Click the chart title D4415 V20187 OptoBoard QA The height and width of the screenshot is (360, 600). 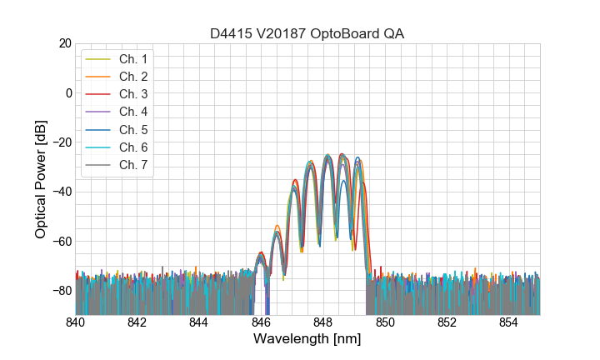307,33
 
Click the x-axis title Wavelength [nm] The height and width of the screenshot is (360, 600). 307,339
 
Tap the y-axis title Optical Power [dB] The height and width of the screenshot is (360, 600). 41,178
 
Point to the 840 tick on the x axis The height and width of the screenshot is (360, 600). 76,322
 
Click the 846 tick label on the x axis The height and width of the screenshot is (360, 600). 261,322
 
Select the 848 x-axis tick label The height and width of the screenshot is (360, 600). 322,322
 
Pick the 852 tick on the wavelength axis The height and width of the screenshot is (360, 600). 447,322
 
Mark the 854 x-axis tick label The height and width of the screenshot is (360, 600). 508,322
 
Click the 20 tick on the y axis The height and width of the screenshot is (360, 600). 63,42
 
